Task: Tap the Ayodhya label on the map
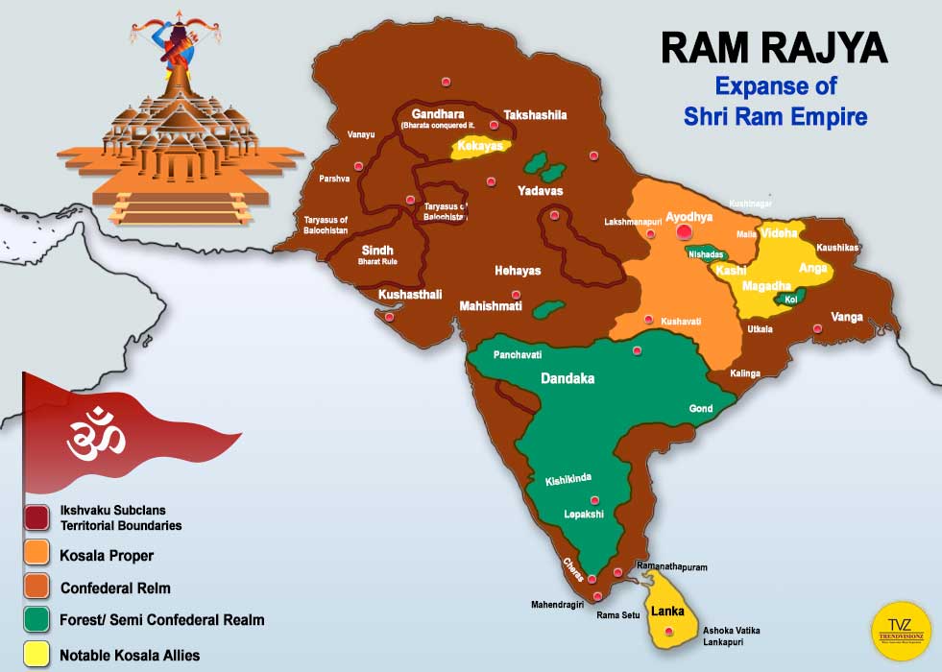(688, 218)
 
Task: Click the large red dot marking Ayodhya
(684, 231)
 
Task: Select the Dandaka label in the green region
(568, 378)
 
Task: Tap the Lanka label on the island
(667, 611)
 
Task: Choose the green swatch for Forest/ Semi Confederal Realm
(38, 620)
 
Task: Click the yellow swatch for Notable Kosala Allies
(38, 655)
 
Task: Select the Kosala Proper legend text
(107, 555)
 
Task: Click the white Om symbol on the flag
(95, 435)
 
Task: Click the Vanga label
(847, 316)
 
